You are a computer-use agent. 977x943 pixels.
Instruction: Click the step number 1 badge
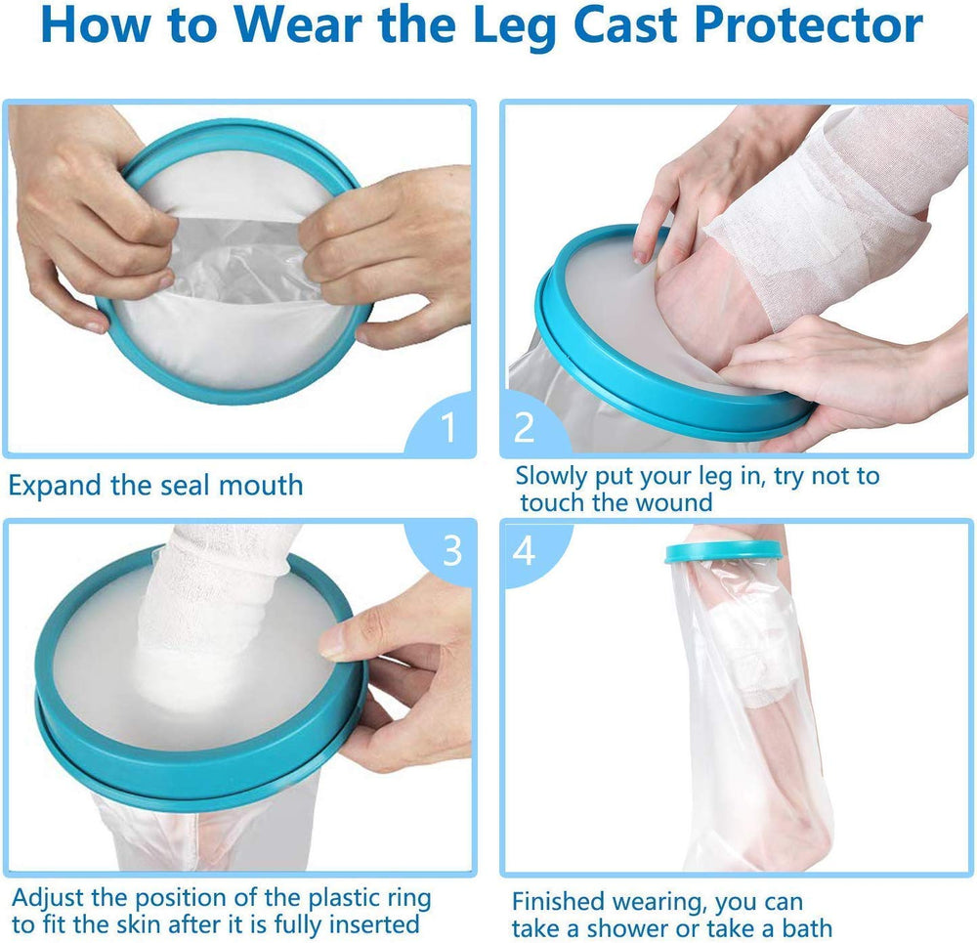coord(448,427)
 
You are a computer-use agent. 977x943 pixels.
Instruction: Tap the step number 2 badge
coord(525,427)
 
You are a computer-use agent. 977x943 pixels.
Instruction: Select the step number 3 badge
coord(451,550)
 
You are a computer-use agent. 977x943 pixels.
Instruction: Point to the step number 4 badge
coord(525,550)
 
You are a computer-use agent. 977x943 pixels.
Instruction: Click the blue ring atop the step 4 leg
coord(724,551)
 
